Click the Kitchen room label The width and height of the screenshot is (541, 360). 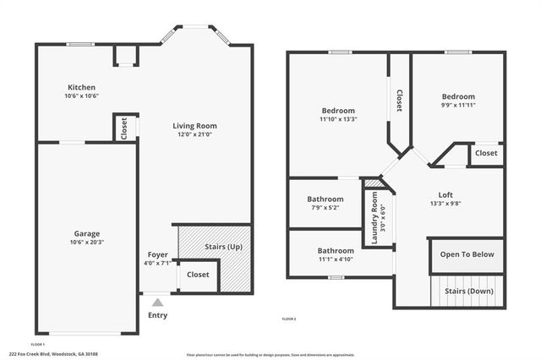coord(82,87)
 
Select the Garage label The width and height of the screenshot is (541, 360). coord(86,233)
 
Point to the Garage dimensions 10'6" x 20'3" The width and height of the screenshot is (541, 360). coord(86,243)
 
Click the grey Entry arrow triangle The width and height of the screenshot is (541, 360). coord(157,301)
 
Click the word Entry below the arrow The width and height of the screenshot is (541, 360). coord(157,315)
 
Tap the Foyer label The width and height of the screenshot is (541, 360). coord(157,254)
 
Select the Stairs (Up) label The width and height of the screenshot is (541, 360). coord(224,247)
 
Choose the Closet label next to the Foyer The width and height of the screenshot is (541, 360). coord(198,275)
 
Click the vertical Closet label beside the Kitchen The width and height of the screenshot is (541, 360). coord(124,128)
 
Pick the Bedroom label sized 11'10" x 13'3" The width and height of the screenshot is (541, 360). coord(338,111)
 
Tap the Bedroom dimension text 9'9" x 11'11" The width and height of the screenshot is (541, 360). coord(459,106)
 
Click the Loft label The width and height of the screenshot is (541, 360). coord(445,194)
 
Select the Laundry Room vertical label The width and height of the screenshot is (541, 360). coord(374,218)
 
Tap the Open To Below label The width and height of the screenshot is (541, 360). coord(467,254)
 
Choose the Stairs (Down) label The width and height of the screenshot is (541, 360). coord(469,292)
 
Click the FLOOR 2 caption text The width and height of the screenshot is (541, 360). coord(289,319)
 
